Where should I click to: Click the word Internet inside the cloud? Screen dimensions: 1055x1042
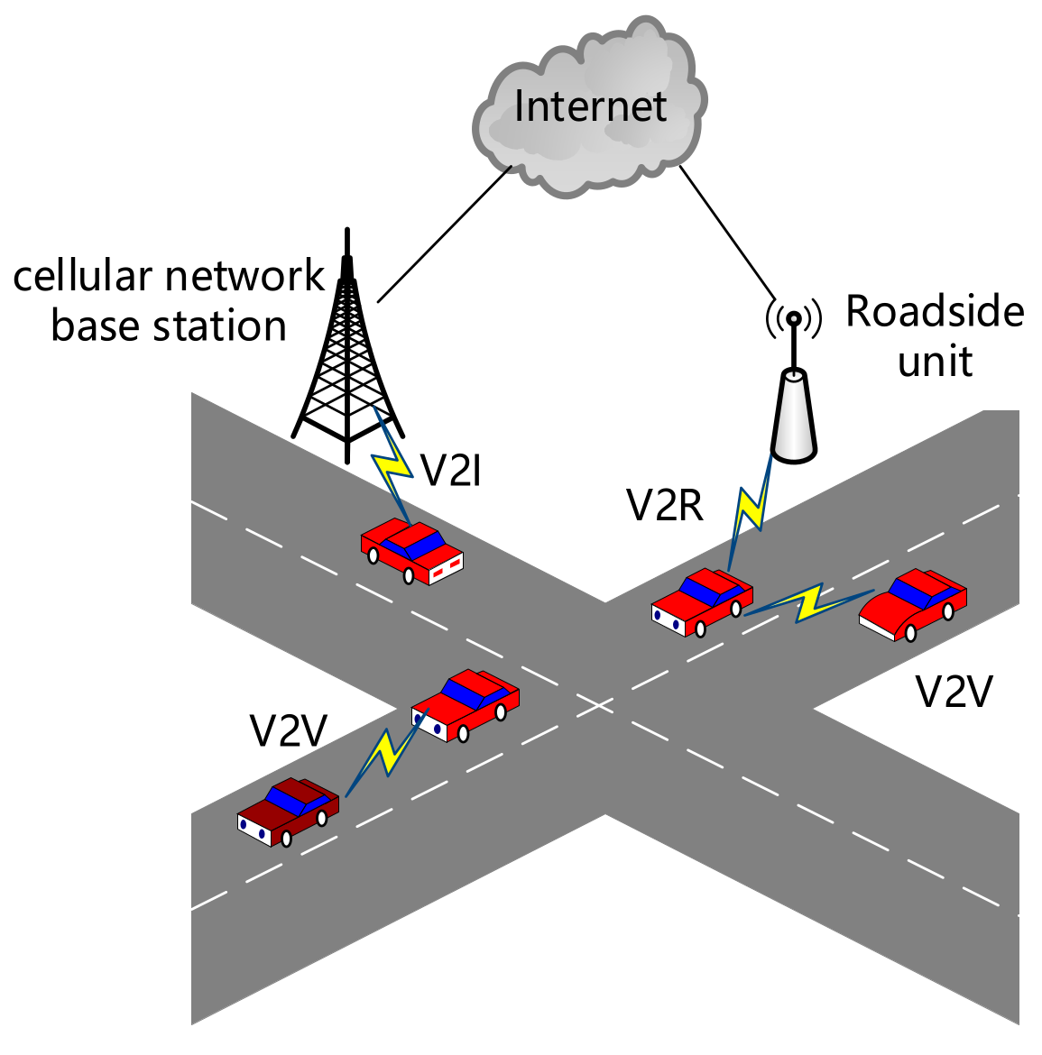click(590, 106)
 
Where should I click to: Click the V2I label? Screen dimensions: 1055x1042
click(451, 470)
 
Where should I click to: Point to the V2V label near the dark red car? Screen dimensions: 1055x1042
click(288, 730)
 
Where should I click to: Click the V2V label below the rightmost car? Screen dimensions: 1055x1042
click(954, 693)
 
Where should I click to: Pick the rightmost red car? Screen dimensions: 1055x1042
click(913, 604)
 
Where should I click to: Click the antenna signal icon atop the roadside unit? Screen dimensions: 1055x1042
click(793, 317)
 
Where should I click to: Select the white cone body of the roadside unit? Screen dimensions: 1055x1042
click(794, 417)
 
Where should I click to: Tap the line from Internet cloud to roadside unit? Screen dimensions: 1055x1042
click(726, 230)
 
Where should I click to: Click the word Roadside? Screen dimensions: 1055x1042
click(935, 312)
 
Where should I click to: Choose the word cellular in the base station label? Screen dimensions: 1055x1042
click(74, 276)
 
